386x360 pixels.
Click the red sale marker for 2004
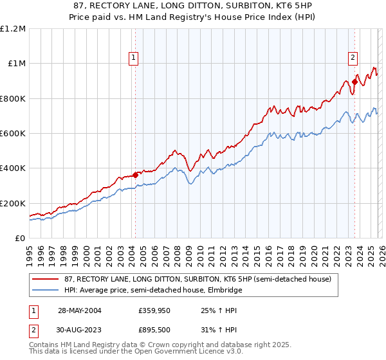[136, 175]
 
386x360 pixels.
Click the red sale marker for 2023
[354, 82]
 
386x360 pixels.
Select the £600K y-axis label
[13, 134]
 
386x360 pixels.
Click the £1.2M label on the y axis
[13, 29]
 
